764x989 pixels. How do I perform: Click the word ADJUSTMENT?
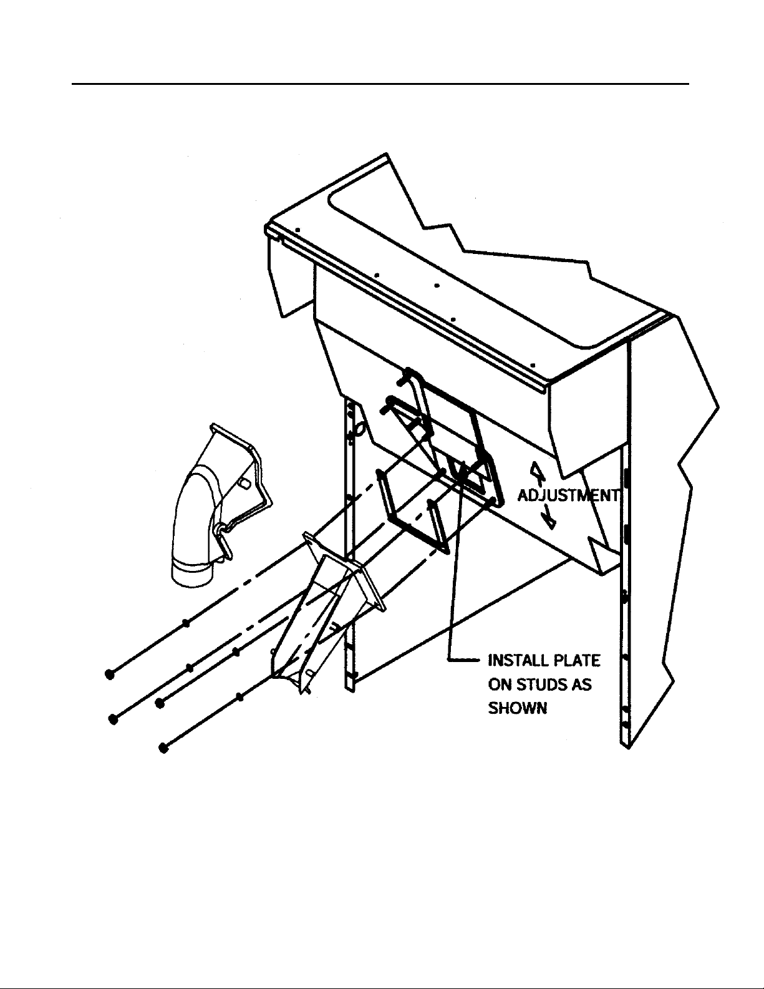point(569,495)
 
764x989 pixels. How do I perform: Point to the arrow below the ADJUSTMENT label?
point(548,518)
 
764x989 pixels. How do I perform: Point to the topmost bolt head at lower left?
point(109,674)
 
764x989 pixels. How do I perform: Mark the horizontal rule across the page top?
point(380,83)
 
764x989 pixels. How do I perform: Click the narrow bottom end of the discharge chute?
point(293,677)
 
